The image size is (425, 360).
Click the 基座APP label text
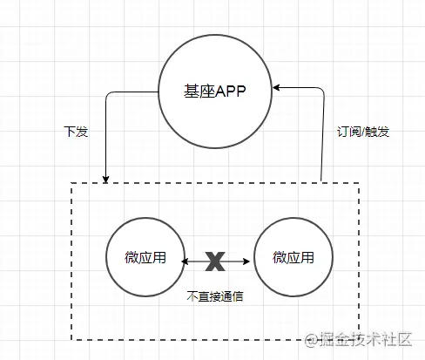(x=214, y=91)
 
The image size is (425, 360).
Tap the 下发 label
(x=76, y=132)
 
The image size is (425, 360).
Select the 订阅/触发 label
(x=363, y=132)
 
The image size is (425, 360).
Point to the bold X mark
(x=215, y=262)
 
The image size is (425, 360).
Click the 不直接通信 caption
(x=215, y=296)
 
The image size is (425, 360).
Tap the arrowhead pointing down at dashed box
(x=105, y=180)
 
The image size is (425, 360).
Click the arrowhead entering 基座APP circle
(x=276, y=87)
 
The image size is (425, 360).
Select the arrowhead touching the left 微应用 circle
(x=185, y=262)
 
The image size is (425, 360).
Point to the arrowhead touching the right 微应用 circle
(x=246, y=262)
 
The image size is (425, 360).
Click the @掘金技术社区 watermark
(x=358, y=339)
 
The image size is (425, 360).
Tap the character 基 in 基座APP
(x=191, y=91)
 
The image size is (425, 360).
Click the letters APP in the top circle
(x=231, y=92)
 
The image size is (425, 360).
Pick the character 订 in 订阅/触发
(x=342, y=132)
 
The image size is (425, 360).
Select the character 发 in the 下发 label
(x=82, y=132)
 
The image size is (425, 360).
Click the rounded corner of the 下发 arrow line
(x=107, y=94)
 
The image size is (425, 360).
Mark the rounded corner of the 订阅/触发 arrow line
(x=322, y=90)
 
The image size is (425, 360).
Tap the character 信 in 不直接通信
(x=238, y=296)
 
